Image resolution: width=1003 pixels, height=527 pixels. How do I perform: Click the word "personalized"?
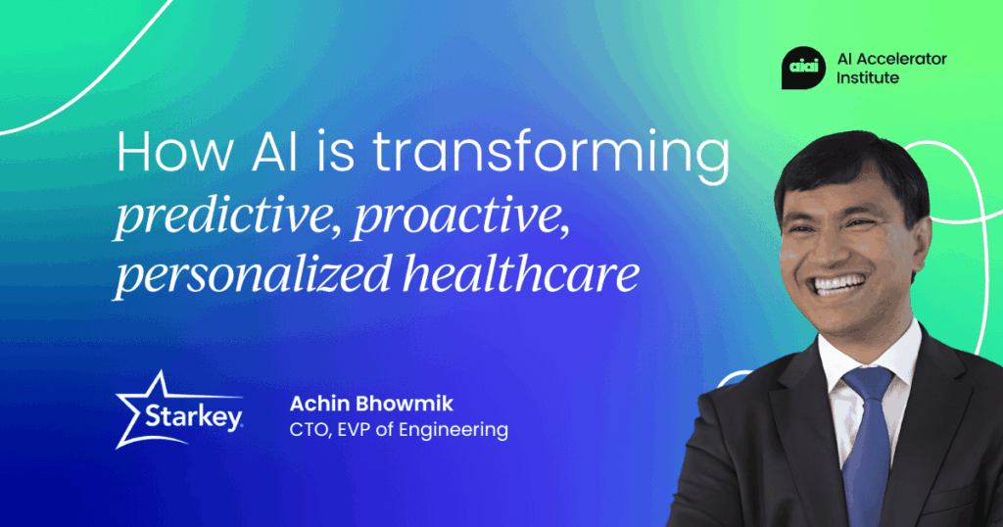(252, 273)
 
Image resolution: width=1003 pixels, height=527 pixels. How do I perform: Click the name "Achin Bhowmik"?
(371, 404)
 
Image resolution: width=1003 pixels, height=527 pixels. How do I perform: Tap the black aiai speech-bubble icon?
(803, 68)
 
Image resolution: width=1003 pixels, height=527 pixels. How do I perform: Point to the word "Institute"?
(868, 78)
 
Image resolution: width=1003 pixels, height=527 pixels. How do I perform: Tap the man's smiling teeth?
(837, 284)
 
